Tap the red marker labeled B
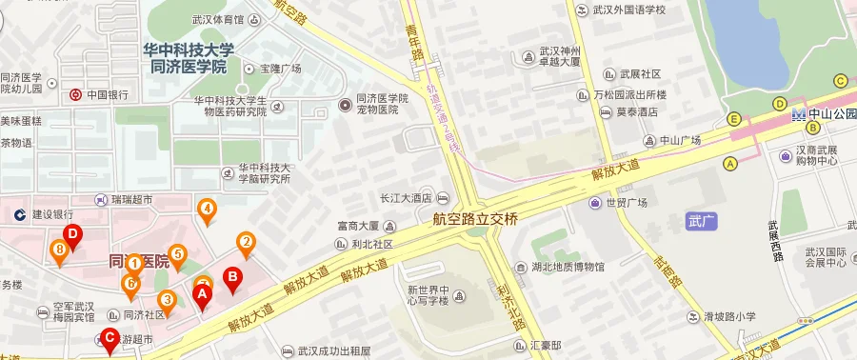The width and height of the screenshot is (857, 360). [230, 277]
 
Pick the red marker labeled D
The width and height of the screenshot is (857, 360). [71, 235]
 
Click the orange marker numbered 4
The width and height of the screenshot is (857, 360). [206, 209]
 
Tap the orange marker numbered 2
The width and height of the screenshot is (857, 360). [246, 242]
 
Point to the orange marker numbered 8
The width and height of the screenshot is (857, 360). [60, 250]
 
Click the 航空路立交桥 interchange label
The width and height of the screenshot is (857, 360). [475, 218]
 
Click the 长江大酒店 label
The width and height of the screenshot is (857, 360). [408, 198]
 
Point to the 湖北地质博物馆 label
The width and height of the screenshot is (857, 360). [568, 267]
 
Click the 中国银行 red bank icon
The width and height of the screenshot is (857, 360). [74, 94]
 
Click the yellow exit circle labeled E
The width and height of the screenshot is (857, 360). [734, 119]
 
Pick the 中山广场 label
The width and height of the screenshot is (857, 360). [680, 140]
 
